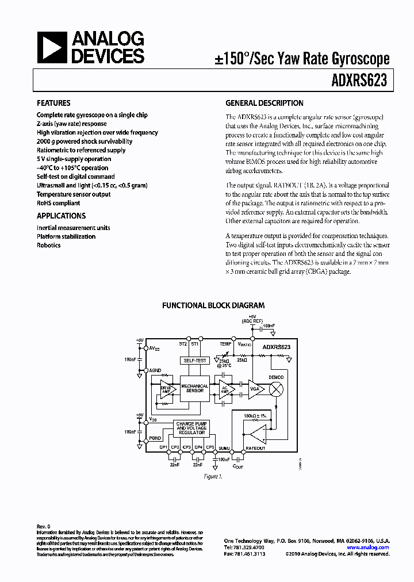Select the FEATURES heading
(53, 104)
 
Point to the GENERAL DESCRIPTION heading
(264, 104)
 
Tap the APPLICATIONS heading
(61, 216)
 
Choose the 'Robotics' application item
(48, 246)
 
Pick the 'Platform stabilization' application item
(66, 236)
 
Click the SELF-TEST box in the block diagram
(194, 361)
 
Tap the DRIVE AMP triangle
(167, 389)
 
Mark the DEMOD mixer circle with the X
(277, 389)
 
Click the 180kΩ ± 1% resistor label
(255, 415)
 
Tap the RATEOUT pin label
(255, 448)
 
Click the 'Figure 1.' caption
(212, 477)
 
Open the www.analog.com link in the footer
(371, 547)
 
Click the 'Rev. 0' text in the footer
(44, 526)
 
